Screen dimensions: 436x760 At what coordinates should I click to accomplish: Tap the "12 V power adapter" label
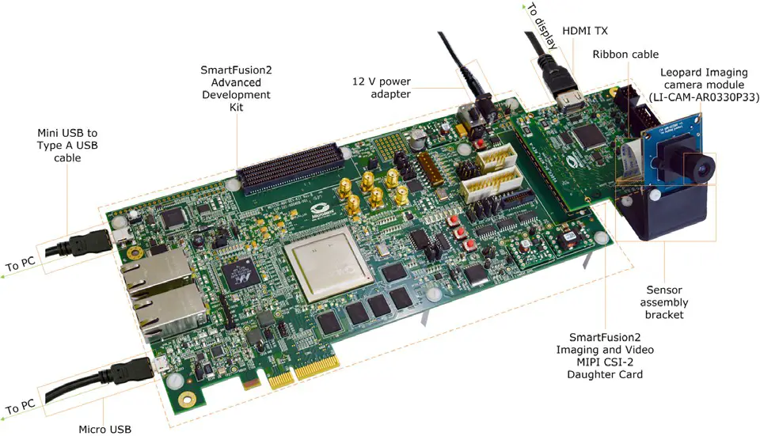382,88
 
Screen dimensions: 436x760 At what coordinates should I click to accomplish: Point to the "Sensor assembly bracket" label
665,302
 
